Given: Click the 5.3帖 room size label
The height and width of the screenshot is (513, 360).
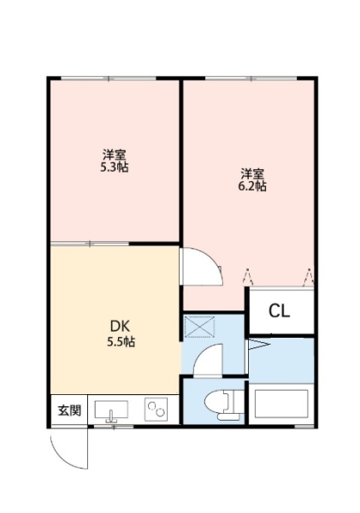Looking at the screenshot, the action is coord(115,168).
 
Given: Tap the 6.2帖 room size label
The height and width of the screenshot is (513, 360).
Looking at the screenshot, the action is coord(252,186).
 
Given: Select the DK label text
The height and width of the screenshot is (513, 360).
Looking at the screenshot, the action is coord(120,327).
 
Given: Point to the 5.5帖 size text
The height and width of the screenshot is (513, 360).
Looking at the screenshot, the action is coord(121,342).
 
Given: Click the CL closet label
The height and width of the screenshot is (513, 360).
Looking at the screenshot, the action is coord(280,311).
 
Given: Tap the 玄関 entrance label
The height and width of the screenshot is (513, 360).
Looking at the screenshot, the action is coord(69,410).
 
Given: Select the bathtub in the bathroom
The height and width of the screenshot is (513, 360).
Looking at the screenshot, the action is coord(281,404).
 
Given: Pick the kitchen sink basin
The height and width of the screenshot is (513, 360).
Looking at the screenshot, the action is coord(111,410).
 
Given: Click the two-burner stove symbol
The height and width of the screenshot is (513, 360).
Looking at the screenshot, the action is coord(156,410).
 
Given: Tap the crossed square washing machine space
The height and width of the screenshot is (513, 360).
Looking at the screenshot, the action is coord(199,327).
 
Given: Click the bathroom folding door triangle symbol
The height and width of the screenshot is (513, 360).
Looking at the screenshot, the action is coord(259,345).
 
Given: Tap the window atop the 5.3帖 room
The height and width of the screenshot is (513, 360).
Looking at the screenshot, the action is coord(109,78).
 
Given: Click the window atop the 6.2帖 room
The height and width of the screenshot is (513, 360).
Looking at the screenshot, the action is coord(251,78).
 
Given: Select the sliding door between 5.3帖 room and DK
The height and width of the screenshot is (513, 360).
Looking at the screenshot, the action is coord(90,244).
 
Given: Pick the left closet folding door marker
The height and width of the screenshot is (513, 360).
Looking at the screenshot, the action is coord(248,276).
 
